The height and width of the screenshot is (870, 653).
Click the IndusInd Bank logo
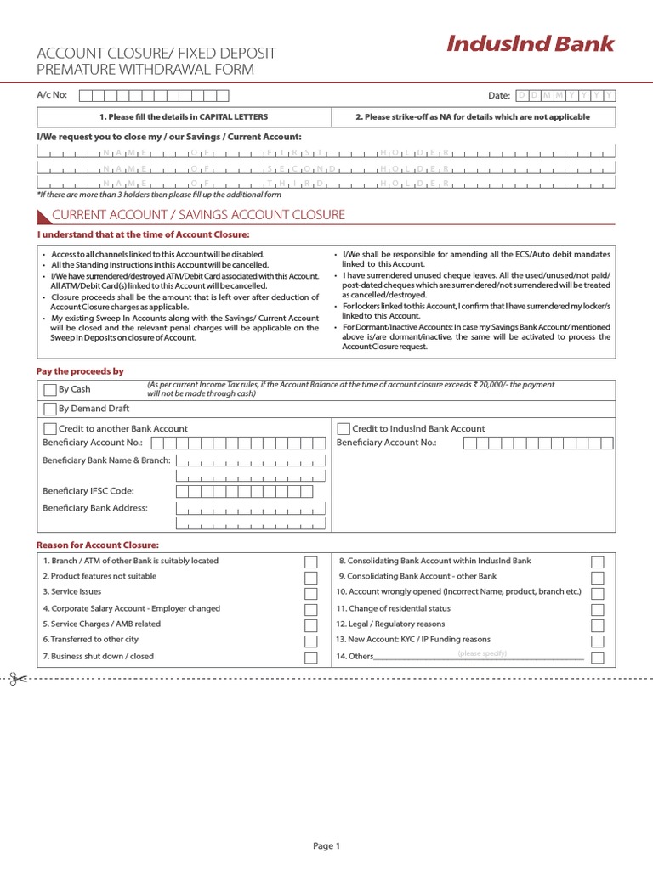(530, 44)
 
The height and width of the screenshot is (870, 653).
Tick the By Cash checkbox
(50, 390)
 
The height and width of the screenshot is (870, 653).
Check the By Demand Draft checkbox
(50, 409)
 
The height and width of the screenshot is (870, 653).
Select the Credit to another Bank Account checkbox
(50, 429)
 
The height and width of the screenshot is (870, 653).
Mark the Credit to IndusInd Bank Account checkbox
(344, 429)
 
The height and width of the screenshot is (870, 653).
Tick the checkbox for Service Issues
(311, 594)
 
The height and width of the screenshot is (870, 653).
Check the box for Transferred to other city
(311, 641)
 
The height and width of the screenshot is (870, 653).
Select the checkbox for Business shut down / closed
(311, 658)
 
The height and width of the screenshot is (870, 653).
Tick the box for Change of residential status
(598, 610)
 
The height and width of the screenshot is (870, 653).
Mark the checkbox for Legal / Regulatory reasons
(598, 625)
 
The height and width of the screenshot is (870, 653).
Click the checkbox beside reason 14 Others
(598, 658)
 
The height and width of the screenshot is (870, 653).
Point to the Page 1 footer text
(326, 845)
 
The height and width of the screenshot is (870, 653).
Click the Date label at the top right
(498, 96)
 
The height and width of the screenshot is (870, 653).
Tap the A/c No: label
(52, 95)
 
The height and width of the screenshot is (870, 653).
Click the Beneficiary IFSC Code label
(88, 491)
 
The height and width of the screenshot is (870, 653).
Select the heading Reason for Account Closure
(97, 545)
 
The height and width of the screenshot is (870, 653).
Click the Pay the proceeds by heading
(79, 371)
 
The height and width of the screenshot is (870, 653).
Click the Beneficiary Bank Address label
(95, 508)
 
